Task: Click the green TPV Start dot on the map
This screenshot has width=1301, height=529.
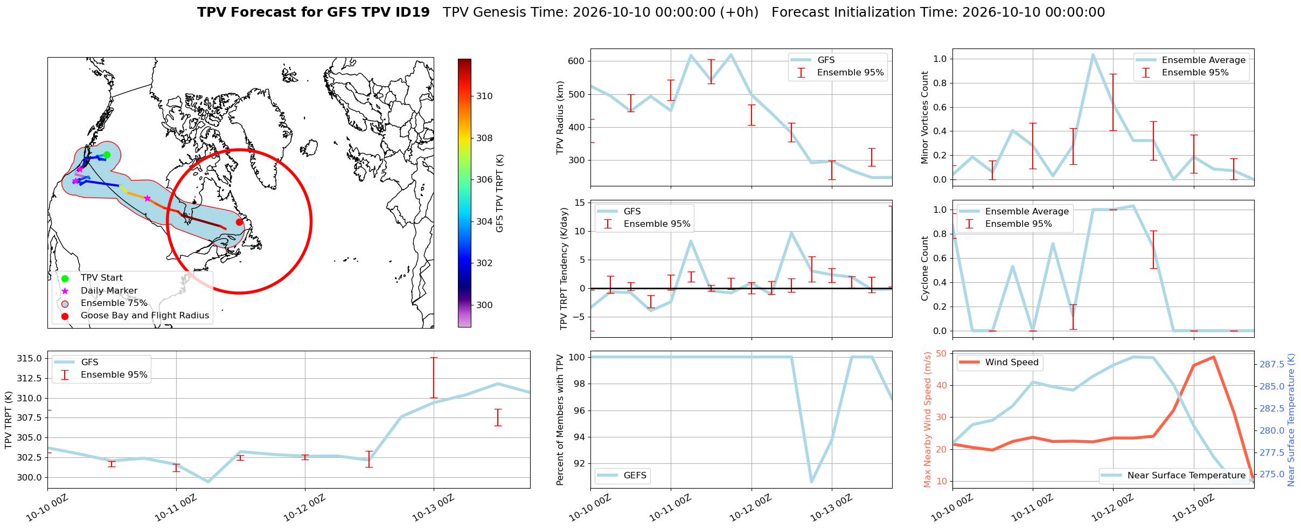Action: click(x=107, y=155)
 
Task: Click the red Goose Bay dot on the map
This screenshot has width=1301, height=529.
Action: click(x=240, y=222)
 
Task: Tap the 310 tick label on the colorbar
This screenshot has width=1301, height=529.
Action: click(x=484, y=96)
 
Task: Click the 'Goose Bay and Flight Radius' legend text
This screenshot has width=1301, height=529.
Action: click(x=145, y=316)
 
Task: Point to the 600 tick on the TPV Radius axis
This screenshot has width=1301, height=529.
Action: click(x=576, y=61)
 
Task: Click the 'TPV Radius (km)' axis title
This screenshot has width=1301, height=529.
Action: click(x=560, y=117)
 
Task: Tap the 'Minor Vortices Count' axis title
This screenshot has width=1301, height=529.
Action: click(x=925, y=117)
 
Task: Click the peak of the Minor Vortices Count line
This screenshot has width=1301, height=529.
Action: click(x=1093, y=54)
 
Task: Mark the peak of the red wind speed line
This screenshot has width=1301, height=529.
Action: click(x=1214, y=357)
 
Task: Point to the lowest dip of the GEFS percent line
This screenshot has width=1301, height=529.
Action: click(x=811, y=482)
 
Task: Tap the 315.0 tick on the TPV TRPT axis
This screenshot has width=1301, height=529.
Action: click(x=30, y=359)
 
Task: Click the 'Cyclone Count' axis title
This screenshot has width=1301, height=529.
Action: click(x=925, y=268)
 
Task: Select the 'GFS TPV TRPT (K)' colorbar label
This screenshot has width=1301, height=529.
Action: click(x=500, y=193)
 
